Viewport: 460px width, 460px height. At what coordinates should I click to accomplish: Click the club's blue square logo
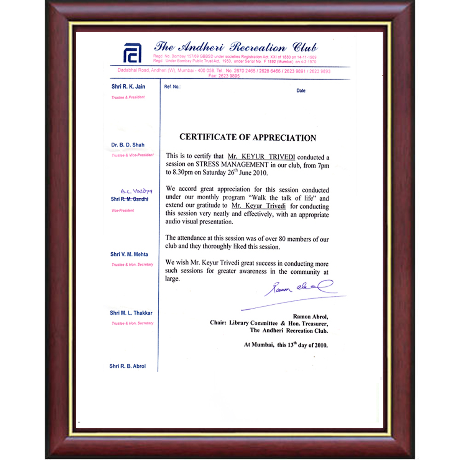tap(132, 53)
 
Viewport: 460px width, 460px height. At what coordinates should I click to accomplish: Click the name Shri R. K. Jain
tap(128, 87)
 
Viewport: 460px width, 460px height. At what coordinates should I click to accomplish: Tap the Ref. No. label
tap(172, 87)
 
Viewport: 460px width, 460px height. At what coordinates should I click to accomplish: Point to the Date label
tap(301, 91)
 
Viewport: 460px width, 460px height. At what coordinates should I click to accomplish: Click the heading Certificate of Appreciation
tap(248, 138)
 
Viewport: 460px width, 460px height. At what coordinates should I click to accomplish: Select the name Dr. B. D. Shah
tap(128, 145)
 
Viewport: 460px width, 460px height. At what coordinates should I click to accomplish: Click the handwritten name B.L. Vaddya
tap(136, 191)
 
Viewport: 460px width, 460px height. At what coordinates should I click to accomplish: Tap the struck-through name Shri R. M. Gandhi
tap(129, 199)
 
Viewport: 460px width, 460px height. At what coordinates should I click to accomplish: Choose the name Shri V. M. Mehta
tap(129, 254)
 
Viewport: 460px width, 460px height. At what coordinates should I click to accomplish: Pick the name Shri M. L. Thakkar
tap(131, 313)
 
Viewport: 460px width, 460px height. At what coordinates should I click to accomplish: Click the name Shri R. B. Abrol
tap(127, 366)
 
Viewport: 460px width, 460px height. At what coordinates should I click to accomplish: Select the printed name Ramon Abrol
tap(310, 317)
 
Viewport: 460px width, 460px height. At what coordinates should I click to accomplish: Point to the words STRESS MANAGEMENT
tap(232, 164)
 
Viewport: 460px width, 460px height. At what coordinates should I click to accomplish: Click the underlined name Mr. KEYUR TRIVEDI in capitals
tap(261, 156)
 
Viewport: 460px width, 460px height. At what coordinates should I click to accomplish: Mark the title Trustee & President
tap(128, 97)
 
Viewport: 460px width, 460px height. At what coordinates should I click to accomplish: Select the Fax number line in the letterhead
tap(224, 76)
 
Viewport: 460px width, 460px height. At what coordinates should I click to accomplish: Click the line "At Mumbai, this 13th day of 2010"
tap(286, 345)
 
